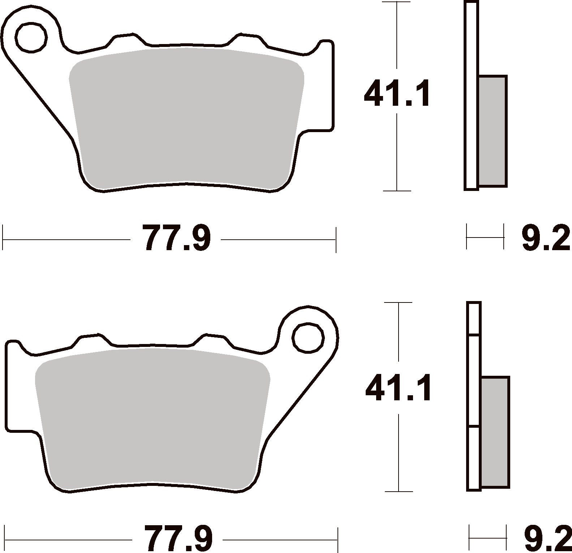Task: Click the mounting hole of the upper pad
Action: [x=31, y=37]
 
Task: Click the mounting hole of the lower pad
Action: [x=307, y=338]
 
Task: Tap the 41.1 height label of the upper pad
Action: [x=397, y=93]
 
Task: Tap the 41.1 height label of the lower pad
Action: [x=398, y=388]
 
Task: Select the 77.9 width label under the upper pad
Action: [x=176, y=238]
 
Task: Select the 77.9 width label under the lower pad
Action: [x=178, y=539]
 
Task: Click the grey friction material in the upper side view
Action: [x=493, y=131]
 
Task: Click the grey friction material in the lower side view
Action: [x=495, y=432]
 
